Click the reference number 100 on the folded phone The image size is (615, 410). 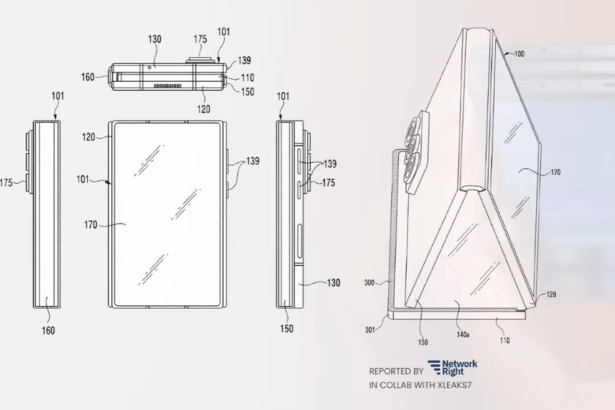click(x=519, y=54)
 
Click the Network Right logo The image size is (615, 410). click(x=453, y=368)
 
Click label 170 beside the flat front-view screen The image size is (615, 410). click(x=90, y=225)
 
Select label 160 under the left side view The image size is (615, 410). click(x=48, y=330)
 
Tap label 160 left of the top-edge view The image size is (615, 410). click(x=88, y=77)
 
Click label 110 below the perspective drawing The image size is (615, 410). click(x=504, y=340)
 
